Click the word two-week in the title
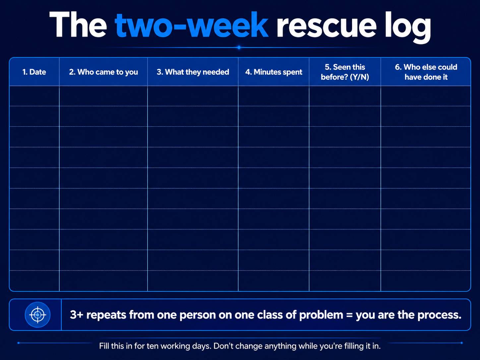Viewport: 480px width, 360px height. click(191, 25)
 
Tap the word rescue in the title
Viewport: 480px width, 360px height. click(327, 27)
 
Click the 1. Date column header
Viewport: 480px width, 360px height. click(34, 72)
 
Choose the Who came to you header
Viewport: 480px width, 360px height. click(103, 72)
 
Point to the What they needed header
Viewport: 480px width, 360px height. click(193, 72)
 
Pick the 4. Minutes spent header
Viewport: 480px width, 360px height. click(273, 72)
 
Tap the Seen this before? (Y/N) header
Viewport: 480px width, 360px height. click(345, 72)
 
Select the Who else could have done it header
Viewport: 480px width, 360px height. click(426, 72)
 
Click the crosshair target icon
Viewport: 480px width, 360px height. click(37, 315)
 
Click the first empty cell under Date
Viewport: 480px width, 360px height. click(34, 96)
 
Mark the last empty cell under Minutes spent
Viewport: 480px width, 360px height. click(273, 281)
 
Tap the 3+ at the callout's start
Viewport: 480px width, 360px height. click(77, 315)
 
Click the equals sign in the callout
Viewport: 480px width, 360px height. click(349, 315)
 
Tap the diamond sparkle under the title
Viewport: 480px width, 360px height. click(239, 47)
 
